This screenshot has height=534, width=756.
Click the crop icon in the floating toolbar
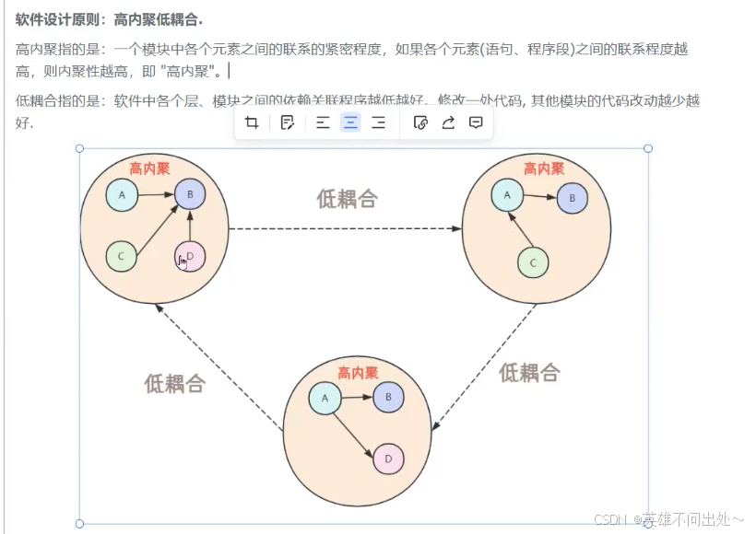point(252,122)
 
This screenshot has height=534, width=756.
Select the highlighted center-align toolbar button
point(350,122)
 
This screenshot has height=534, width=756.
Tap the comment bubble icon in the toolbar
point(476,122)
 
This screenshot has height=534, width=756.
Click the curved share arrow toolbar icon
point(448,122)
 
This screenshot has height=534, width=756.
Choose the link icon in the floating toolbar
point(420,122)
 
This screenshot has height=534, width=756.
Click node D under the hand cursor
point(190,257)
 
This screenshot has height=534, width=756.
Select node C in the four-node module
point(122,256)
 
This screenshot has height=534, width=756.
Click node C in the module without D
point(533,262)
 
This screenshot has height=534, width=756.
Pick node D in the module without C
point(388,458)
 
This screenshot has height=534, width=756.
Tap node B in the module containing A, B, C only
point(572,198)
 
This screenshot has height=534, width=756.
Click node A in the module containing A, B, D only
point(325,398)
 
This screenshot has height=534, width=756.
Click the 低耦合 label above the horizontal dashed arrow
point(347,198)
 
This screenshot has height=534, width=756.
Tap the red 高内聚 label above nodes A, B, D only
point(358,373)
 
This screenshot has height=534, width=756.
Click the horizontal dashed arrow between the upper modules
point(346,228)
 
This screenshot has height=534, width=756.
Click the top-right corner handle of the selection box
point(648,148)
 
